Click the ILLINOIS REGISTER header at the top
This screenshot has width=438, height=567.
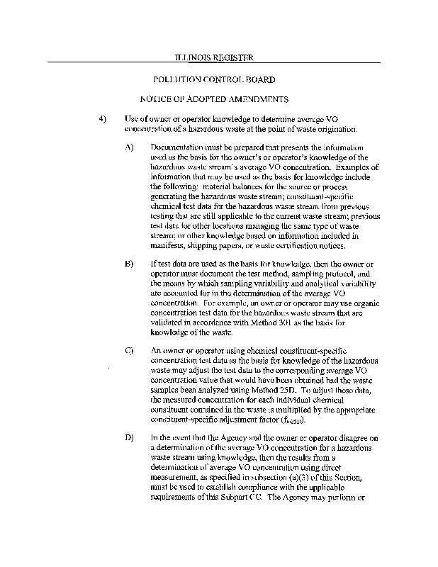pyautogui.click(x=213, y=56)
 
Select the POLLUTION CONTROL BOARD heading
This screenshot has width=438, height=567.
pyautogui.click(x=214, y=80)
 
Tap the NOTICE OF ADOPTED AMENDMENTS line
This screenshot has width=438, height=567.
pyautogui.click(x=214, y=100)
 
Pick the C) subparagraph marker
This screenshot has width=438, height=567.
pyautogui.click(x=129, y=350)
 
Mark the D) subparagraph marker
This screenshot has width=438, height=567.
pyautogui.click(x=129, y=437)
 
